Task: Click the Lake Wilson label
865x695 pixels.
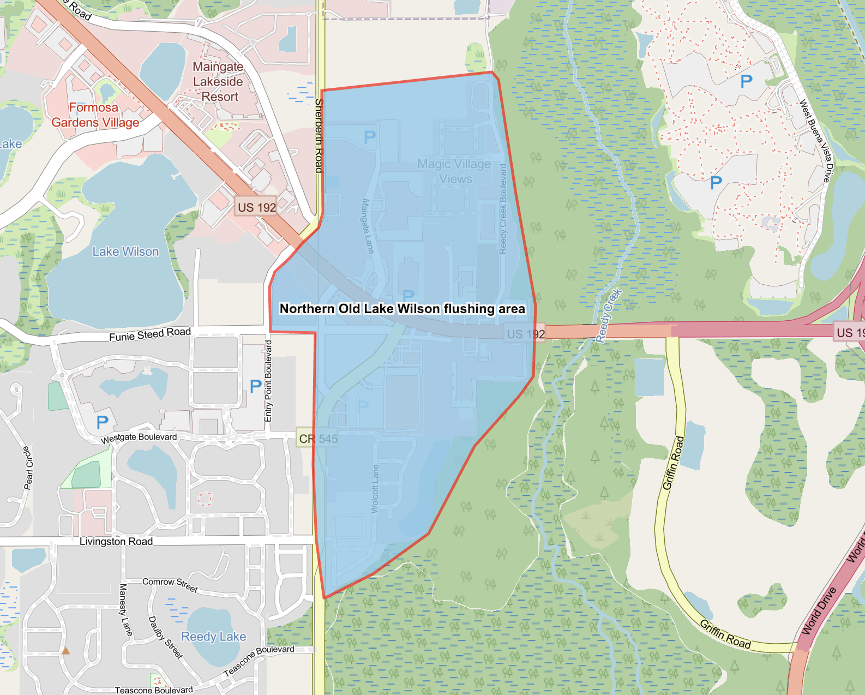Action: pos(125,251)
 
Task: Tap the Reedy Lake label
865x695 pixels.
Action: pos(213,637)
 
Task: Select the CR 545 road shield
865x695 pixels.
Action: pos(318,439)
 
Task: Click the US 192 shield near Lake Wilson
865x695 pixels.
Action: pos(256,207)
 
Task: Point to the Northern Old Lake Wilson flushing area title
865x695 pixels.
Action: pos(402,309)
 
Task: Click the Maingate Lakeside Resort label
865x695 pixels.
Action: pos(218,82)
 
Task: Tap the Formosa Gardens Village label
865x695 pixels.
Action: pos(95,115)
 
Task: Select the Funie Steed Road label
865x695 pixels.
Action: pos(150,334)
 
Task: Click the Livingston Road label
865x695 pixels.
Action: pos(116,541)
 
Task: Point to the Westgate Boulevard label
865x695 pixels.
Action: pos(139,438)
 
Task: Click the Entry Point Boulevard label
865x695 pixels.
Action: pos(268,381)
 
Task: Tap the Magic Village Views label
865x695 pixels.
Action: pos(454,171)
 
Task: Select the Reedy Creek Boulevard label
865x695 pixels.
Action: pos(503,209)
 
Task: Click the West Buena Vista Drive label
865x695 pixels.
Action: pos(816,141)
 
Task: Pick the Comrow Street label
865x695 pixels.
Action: pos(170,584)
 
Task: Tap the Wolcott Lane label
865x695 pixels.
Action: pos(375,488)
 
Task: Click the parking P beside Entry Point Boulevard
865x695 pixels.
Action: pos(255,386)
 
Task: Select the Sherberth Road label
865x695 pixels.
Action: pos(319,136)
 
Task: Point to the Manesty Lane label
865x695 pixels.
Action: pos(125,609)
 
